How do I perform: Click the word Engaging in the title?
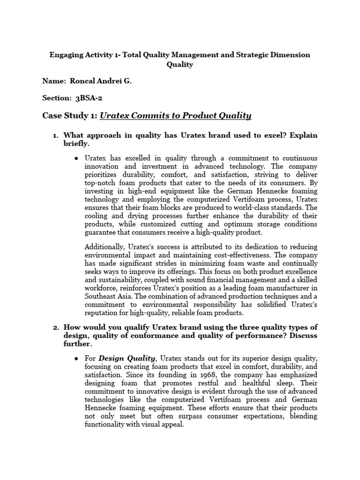tap(65, 55)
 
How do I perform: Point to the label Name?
tap(53, 81)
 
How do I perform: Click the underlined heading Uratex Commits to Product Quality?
tap(176, 116)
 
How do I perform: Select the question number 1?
tap(55, 135)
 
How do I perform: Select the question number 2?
tap(55, 327)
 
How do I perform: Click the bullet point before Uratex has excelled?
tap(76, 158)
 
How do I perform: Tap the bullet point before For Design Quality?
tap(76, 359)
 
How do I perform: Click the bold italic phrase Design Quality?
tap(126, 359)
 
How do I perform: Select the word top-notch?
tap(101, 182)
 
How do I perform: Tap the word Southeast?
tap(100, 296)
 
